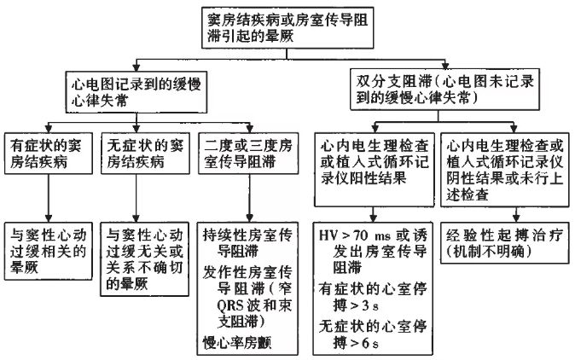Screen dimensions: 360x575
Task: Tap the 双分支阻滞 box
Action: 437,89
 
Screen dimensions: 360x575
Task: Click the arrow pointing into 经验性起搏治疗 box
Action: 504,213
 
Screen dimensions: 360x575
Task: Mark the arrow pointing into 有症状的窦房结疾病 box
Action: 49,122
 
